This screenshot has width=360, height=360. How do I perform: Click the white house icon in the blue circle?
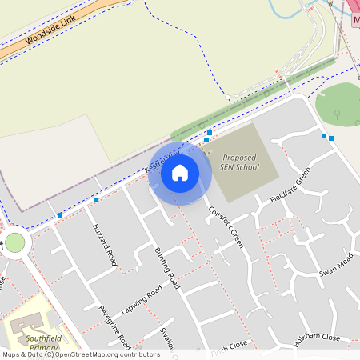[x=180, y=173]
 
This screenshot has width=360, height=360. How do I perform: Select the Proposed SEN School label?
[x=241, y=162]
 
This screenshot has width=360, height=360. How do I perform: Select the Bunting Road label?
[x=167, y=268]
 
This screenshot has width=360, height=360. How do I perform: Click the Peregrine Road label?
[x=114, y=326]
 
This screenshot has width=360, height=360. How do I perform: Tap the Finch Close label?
[x=230, y=346]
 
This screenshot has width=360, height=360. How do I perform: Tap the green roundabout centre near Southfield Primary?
[x=14, y=242]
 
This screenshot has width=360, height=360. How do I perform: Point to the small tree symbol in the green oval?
[x=337, y=112]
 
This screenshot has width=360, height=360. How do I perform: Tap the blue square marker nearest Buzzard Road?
[x=96, y=199]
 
